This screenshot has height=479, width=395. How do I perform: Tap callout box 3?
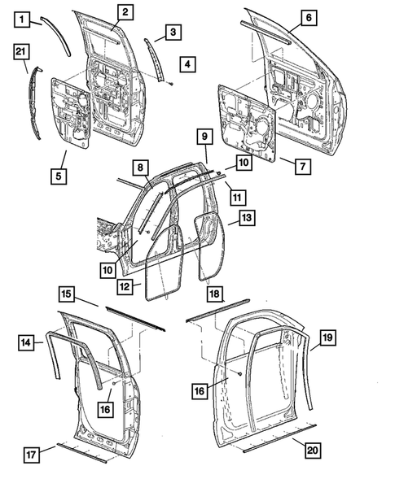pos(173,32)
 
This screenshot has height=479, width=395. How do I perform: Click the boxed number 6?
pos(307,17)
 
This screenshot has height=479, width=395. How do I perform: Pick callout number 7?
pos(301,166)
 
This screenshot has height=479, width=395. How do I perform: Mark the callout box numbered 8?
pos(141,168)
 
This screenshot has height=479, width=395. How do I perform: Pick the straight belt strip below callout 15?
pos(134,319)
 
